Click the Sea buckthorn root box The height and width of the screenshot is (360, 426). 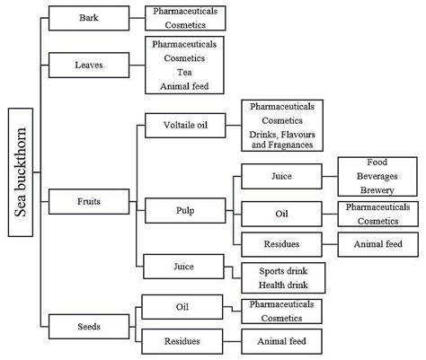(x=21, y=172)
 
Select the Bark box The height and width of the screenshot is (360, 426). (x=89, y=18)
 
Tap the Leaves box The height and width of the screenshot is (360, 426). (x=89, y=66)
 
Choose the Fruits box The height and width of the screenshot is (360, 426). (x=89, y=201)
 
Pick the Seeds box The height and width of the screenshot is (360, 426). (x=89, y=327)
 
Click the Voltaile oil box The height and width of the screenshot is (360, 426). (x=185, y=126)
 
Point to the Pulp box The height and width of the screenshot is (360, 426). (x=185, y=211)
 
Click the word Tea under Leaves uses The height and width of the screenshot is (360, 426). (x=184, y=73)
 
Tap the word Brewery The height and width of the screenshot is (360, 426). (x=377, y=190)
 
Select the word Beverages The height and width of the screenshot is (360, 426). (x=377, y=176)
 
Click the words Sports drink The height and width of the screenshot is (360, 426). (x=283, y=271)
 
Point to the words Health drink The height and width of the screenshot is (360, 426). (x=283, y=285)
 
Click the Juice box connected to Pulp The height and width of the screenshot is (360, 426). (x=281, y=176)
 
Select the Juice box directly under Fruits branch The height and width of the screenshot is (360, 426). (x=183, y=267)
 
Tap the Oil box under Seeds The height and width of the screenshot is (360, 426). (x=182, y=307)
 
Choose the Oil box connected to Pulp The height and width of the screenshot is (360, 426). (x=281, y=214)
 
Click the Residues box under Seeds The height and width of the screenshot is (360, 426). (x=182, y=341)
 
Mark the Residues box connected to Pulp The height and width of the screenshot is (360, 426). (x=281, y=244)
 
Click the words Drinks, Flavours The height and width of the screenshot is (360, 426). (x=282, y=135)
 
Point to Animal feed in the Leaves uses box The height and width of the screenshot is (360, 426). (x=184, y=86)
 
